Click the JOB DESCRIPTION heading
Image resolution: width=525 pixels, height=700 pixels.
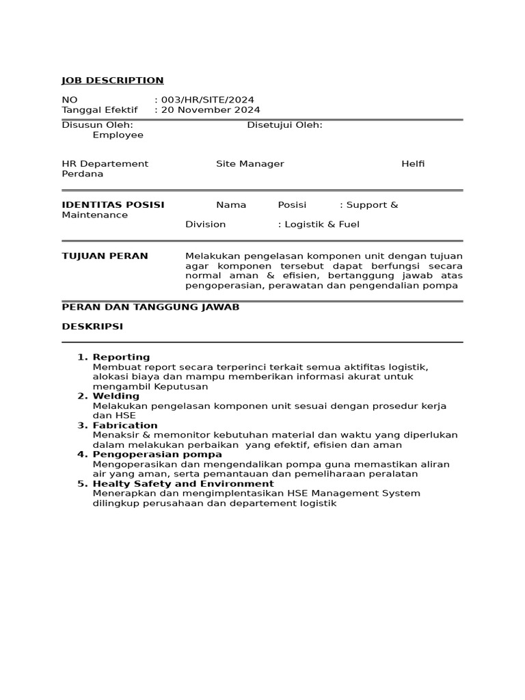coord(113,81)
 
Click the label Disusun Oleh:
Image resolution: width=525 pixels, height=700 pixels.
coord(97,125)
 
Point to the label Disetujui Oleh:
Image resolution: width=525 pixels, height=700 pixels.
coord(284,125)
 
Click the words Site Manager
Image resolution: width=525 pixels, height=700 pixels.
coord(250,164)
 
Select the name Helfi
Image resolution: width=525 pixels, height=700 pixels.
coord(413,164)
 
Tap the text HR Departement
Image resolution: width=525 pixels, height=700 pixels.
coord(105,164)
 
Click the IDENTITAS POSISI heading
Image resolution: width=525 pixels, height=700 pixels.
coord(113,205)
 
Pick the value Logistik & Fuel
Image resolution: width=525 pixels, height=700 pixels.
coord(322,224)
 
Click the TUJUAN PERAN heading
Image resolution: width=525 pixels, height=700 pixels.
coord(105,256)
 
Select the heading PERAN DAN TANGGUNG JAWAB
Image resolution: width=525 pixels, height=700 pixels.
coord(150,308)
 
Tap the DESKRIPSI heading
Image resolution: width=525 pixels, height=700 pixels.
coord(92,327)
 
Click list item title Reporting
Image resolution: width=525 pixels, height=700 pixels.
coord(121,357)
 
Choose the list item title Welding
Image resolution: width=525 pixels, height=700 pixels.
coord(116,396)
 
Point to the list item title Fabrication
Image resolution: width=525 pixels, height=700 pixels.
coord(125,425)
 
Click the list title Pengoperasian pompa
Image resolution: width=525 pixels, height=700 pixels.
coord(157,455)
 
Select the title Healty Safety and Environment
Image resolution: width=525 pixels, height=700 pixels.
coord(183,484)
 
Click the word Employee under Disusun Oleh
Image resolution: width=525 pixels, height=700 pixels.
coord(118,135)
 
